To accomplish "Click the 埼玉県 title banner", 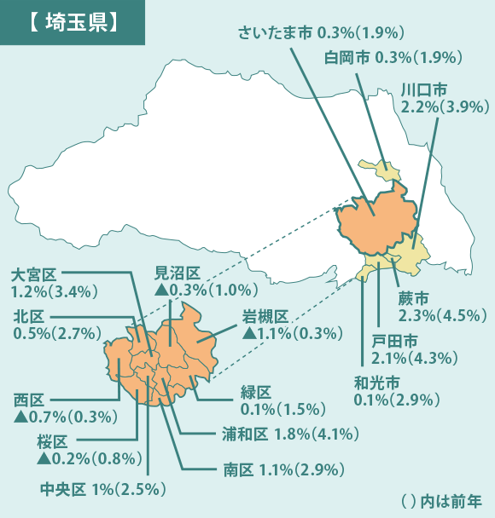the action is [72, 22].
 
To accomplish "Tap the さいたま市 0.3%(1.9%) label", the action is [321, 33].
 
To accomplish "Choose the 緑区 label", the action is [256, 392].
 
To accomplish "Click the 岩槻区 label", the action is [265, 316].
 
